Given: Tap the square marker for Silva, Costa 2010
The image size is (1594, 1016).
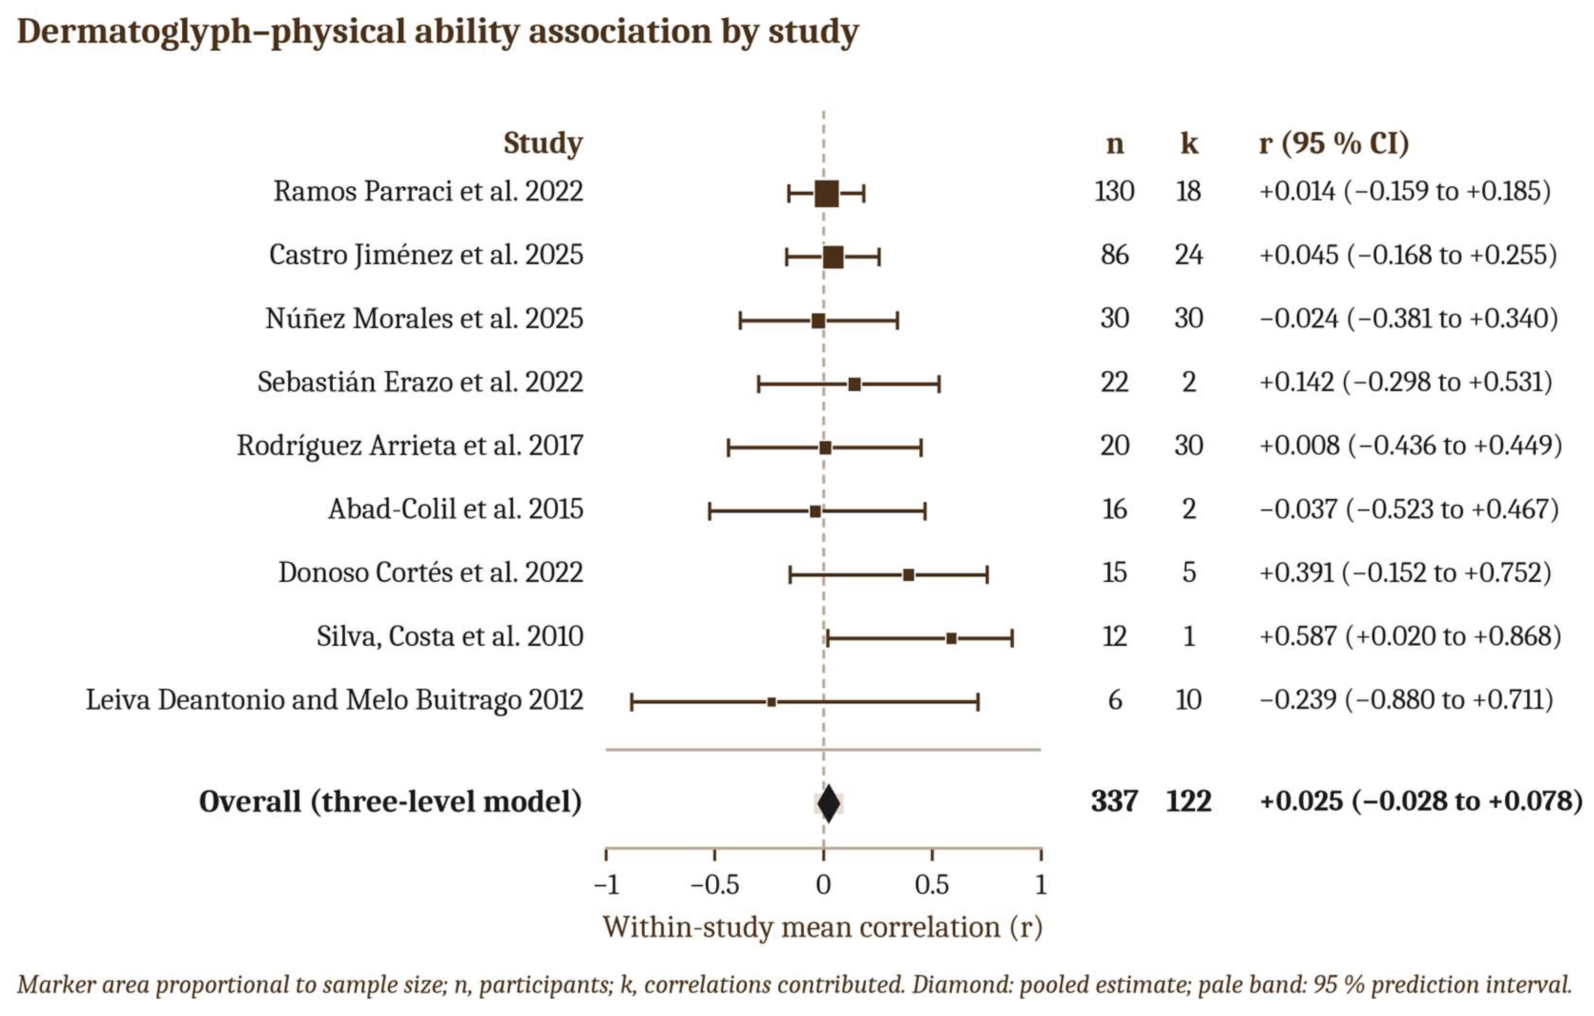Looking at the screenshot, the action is click(x=951, y=639).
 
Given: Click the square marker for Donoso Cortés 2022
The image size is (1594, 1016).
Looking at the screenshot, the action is click(x=909, y=575).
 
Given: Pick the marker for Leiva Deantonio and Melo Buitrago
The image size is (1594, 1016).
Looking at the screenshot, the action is click(x=772, y=702).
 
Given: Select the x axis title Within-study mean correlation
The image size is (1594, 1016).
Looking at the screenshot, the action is click(x=822, y=927).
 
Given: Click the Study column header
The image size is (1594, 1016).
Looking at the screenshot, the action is click(x=543, y=143).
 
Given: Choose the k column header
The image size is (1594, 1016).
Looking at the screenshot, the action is click(x=1189, y=143).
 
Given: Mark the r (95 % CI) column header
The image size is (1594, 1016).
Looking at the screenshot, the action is click(x=1334, y=143).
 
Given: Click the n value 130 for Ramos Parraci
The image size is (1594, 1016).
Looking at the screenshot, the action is click(x=1115, y=191).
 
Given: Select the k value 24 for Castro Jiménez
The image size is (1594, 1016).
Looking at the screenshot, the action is click(x=1189, y=255).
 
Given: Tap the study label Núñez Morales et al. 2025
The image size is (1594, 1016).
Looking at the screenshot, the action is click(x=424, y=319).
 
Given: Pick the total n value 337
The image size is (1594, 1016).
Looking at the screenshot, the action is click(x=1115, y=801).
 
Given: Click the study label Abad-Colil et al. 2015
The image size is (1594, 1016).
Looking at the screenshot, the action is click(x=456, y=509).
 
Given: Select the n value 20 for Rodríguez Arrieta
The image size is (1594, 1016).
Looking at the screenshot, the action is click(x=1115, y=445).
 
